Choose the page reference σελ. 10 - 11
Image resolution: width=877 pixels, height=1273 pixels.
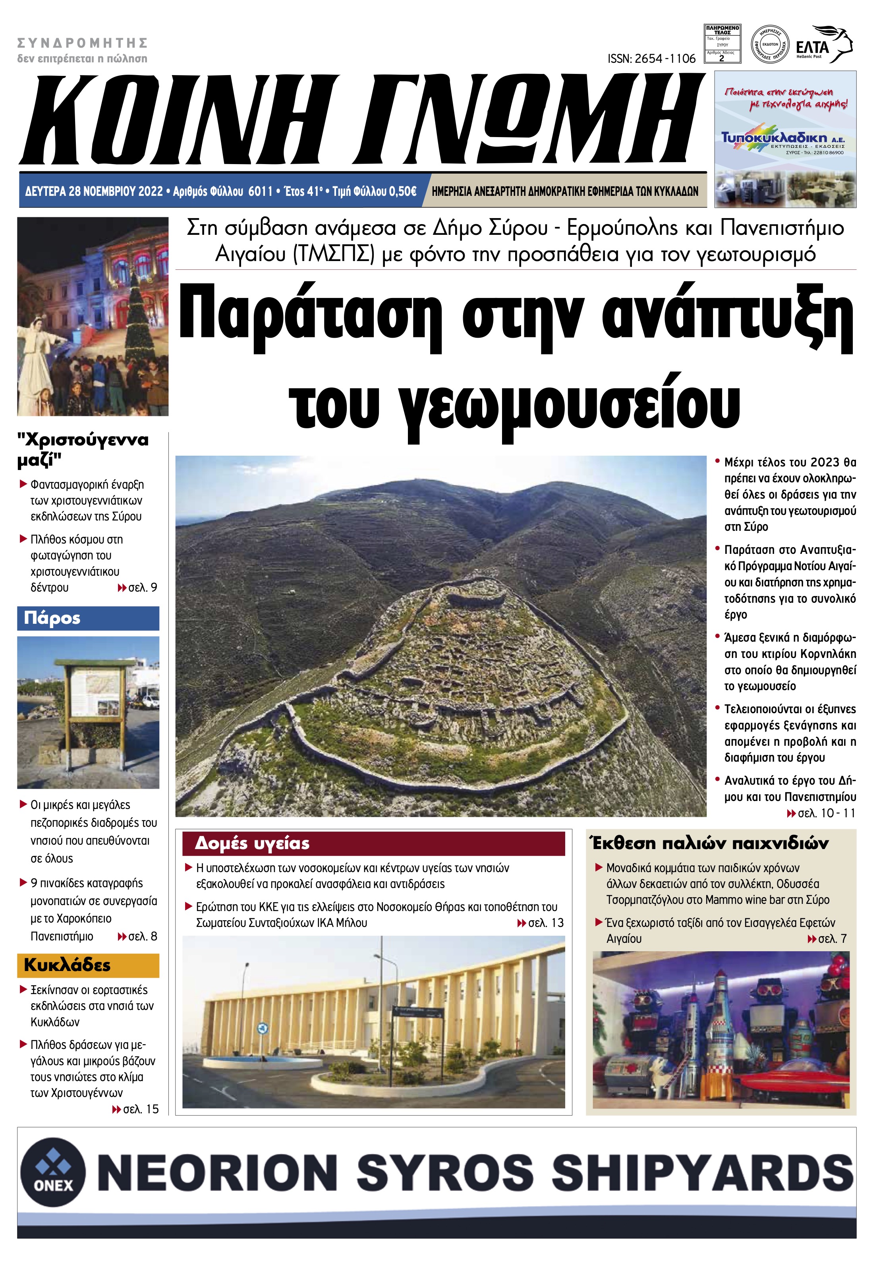click(821, 813)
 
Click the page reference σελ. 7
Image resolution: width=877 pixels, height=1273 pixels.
click(827, 939)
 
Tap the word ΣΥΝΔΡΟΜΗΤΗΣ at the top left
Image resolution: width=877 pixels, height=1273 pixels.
click(83, 43)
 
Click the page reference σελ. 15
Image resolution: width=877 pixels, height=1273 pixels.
click(135, 1109)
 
